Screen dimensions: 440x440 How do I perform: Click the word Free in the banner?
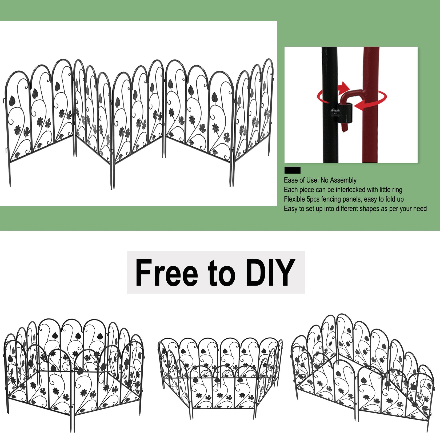(x=166, y=273)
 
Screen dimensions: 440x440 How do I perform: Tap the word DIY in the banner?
(x=270, y=273)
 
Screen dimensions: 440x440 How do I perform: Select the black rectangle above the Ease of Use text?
(x=292, y=170)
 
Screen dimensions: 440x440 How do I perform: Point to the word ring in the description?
(x=397, y=190)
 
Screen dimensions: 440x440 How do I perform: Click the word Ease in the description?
(x=290, y=181)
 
